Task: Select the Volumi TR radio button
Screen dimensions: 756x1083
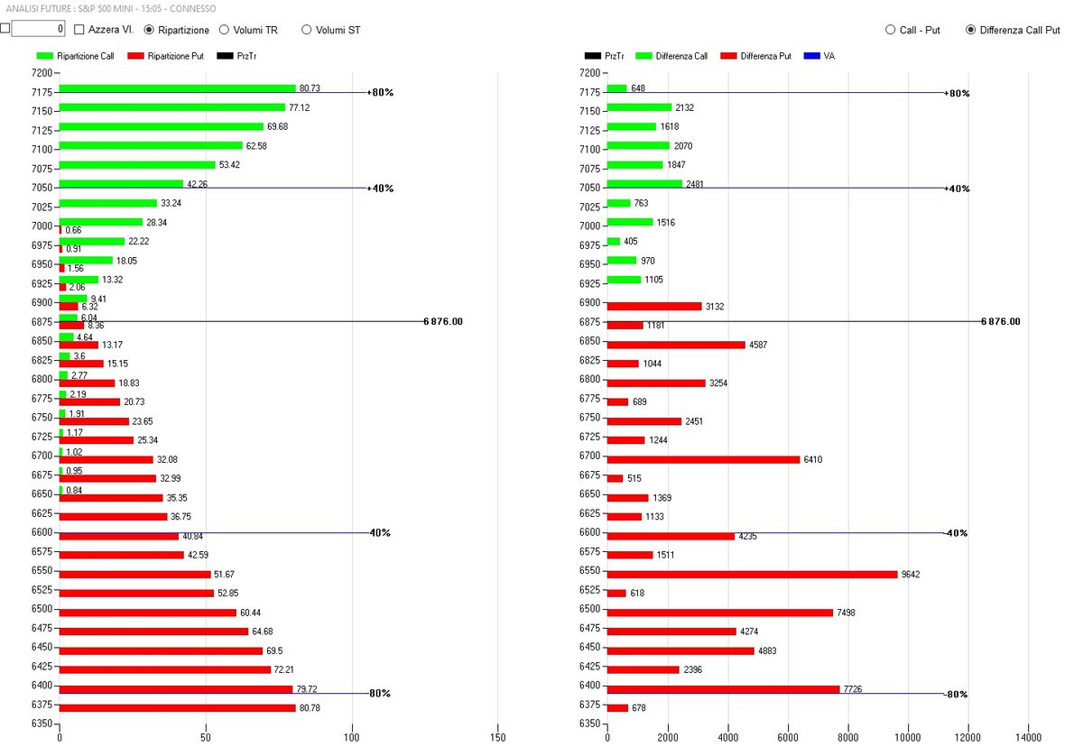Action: pyautogui.click(x=225, y=30)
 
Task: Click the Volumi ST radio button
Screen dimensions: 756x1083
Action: pyautogui.click(x=307, y=30)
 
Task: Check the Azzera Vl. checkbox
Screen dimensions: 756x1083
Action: pyautogui.click(x=79, y=30)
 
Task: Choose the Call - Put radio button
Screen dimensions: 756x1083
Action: pyautogui.click(x=891, y=30)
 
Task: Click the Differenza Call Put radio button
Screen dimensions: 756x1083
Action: pyautogui.click(x=971, y=30)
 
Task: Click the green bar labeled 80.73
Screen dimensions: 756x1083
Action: pyautogui.click(x=177, y=88)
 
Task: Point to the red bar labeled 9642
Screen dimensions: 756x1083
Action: pyautogui.click(x=752, y=574)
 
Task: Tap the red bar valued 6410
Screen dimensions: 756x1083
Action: pyautogui.click(x=703, y=459)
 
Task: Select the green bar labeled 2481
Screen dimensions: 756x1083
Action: pyautogui.click(x=644, y=184)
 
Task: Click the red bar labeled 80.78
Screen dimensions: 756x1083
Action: pyautogui.click(x=177, y=708)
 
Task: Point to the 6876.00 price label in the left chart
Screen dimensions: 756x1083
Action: pyautogui.click(x=442, y=321)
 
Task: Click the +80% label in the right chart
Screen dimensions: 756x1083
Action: pyautogui.click(x=957, y=93)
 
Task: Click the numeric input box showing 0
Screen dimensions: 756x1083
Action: pyautogui.click(x=38, y=29)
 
